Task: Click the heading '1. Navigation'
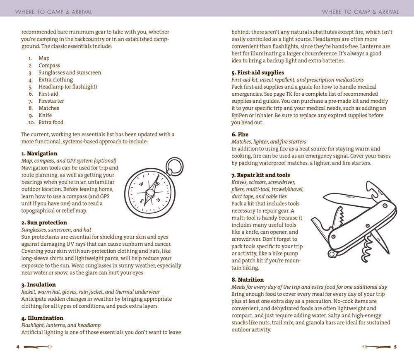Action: (39, 154)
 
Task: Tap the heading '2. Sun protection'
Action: (44, 222)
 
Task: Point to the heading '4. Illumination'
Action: (42, 318)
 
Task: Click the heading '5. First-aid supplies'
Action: (258, 72)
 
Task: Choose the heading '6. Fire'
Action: (240, 135)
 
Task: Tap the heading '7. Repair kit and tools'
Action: (260, 175)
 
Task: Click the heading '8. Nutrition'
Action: (248, 280)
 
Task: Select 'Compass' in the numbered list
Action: (49, 65)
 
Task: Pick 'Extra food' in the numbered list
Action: (51, 122)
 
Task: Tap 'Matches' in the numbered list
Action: (49, 108)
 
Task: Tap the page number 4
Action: (18, 347)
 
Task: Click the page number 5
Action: (395, 347)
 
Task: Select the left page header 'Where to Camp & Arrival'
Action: (53, 12)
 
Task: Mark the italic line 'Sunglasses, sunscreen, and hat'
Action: (56, 230)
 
